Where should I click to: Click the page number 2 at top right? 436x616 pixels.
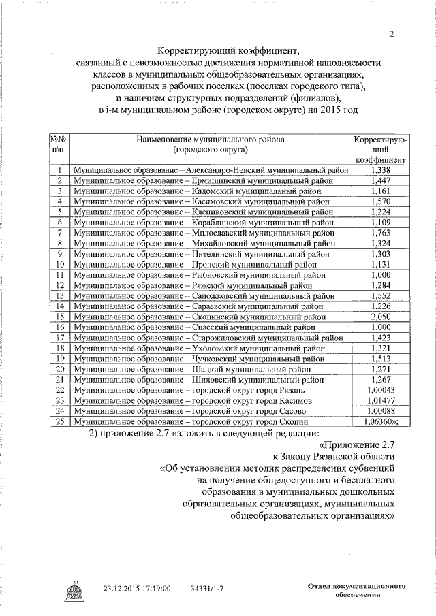pos(392,35)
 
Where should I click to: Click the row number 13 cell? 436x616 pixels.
pos(60,295)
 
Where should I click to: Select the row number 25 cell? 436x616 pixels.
pos(60,421)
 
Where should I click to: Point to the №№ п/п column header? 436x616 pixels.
pos(60,144)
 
